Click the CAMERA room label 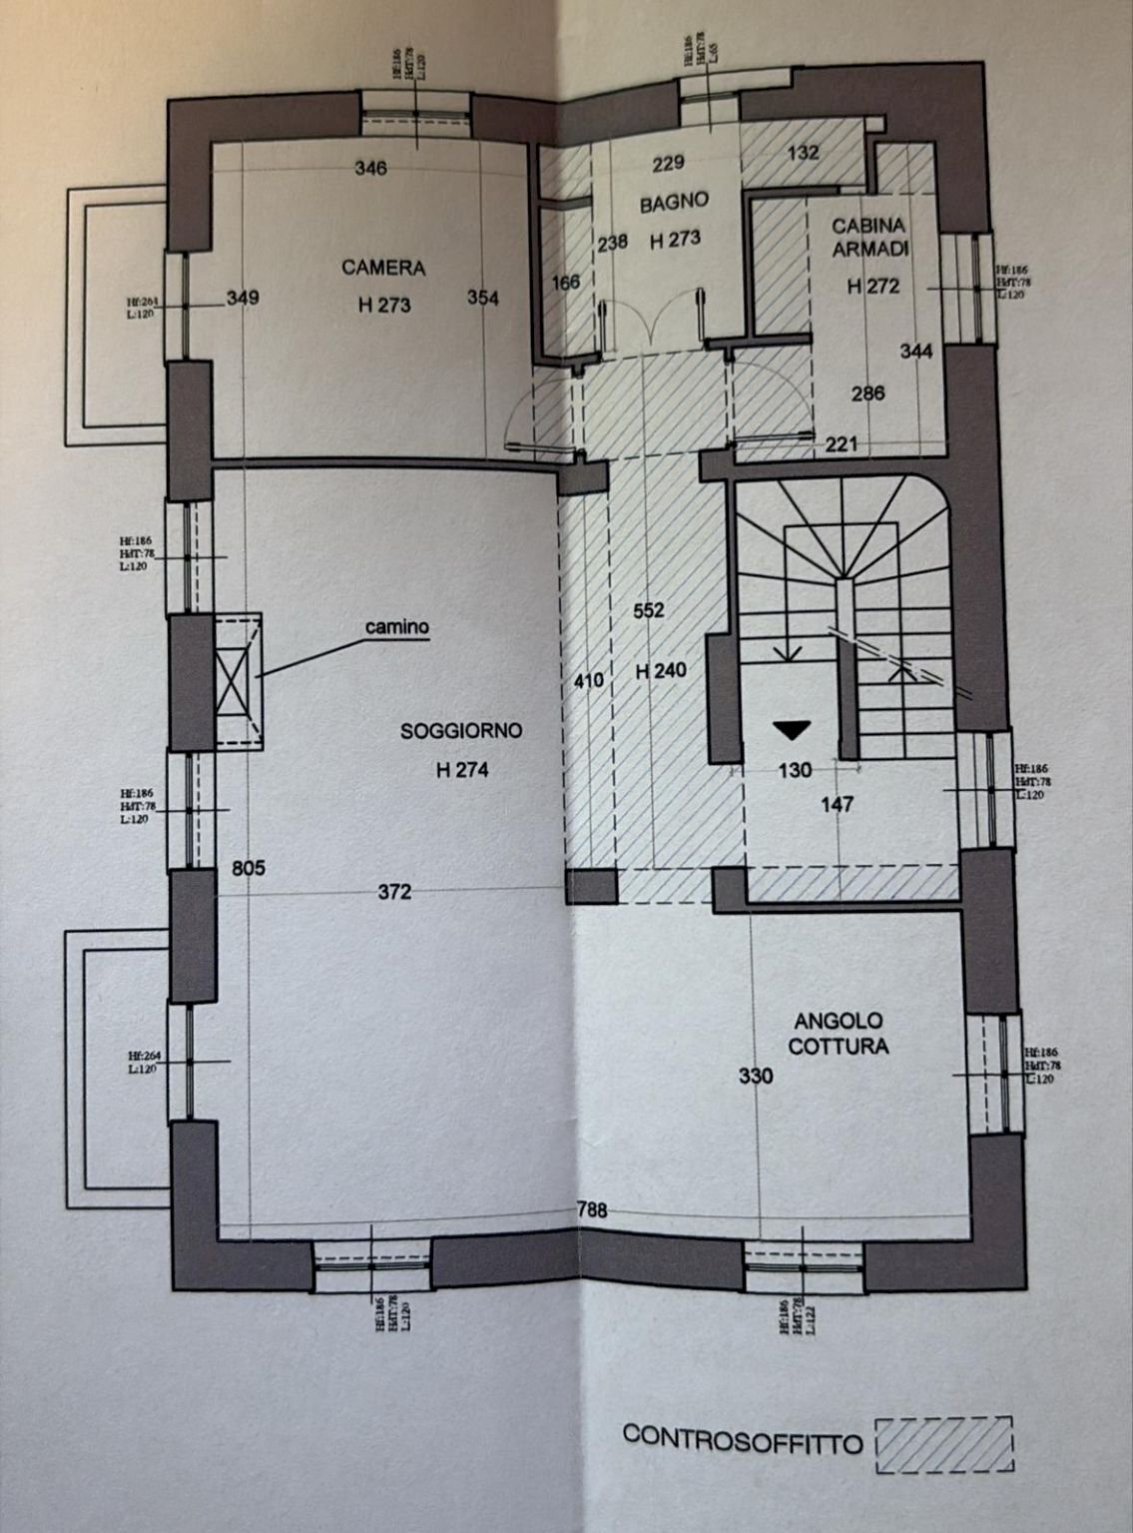(383, 268)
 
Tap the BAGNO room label (674, 202)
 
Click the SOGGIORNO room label (461, 731)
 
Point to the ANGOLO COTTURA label (839, 1034)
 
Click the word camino (396, 627)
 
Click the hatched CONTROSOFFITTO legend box (943, 1444)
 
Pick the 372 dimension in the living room (394, 892)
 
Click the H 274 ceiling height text (461, 770)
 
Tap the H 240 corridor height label (661, 671)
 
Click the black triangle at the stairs (793, 731)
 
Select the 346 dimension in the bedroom (370, 169)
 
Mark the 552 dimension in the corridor (649, 610)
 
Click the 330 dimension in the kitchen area (755, 1077)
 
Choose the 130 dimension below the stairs (795, 770)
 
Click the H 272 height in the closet (873, 286)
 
